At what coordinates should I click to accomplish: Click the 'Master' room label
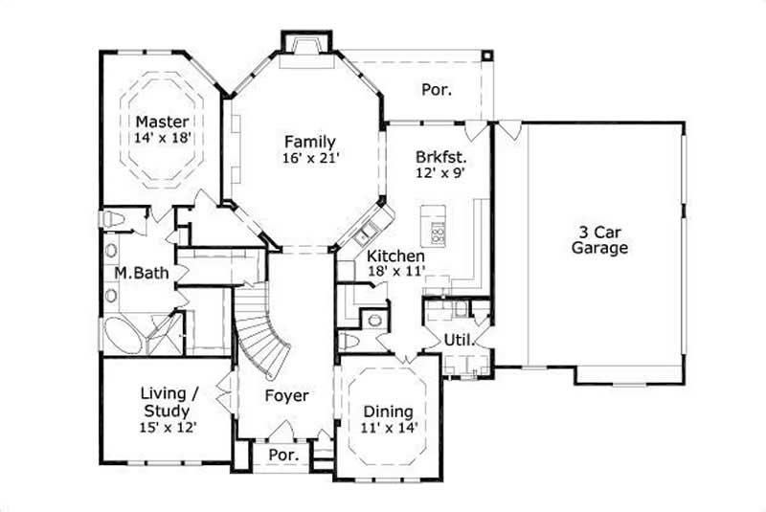[162, 122]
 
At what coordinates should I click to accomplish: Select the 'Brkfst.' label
[440, 157]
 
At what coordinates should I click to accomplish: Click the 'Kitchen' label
[396, 256]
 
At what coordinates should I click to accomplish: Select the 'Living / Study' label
[168, 401]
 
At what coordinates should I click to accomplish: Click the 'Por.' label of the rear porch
[437, 90]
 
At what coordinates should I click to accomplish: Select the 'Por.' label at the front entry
[282, 456]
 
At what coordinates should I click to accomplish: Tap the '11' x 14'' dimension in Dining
[390, 428]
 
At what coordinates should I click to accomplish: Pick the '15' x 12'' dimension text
[168, 428]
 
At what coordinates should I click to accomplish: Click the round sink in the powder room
[374, 320]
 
